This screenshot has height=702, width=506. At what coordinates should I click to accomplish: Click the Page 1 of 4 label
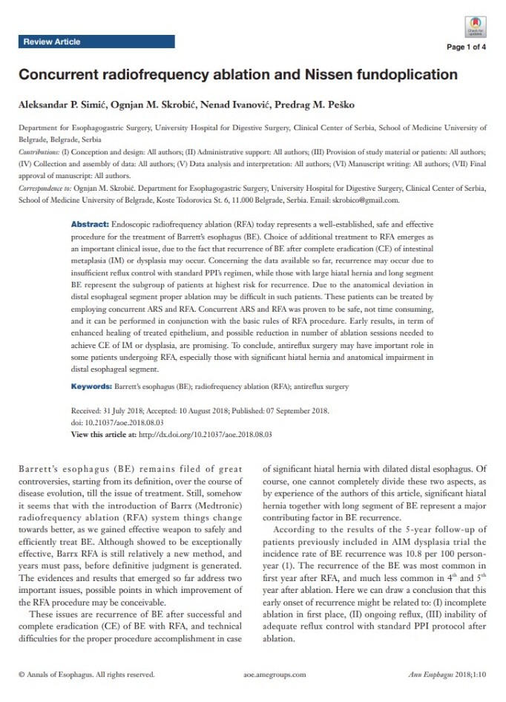(x=466, y=47)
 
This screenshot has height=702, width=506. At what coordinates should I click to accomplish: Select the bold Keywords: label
(x=91, y=387)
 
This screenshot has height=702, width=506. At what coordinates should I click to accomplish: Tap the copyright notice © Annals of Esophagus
(x=87, y=675)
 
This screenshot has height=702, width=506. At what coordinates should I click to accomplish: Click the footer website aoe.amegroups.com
(x=275, y=675)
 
